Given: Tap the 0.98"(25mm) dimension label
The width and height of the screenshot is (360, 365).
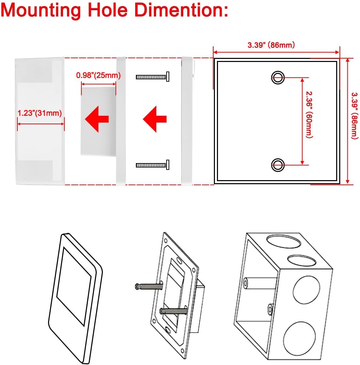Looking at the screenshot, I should [98, 75].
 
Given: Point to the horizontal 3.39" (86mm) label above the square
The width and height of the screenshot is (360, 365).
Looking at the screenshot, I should [271, 45].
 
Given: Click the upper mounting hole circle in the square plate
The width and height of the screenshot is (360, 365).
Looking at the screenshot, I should [278, 78].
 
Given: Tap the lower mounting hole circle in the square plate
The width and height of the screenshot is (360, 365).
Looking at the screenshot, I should [278, 165].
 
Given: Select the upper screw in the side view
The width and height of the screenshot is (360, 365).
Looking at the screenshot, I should [152, 77].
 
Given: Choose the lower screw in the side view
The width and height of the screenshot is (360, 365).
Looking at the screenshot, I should [152, 165].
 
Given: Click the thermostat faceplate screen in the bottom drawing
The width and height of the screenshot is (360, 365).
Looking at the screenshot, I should [74, 286].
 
